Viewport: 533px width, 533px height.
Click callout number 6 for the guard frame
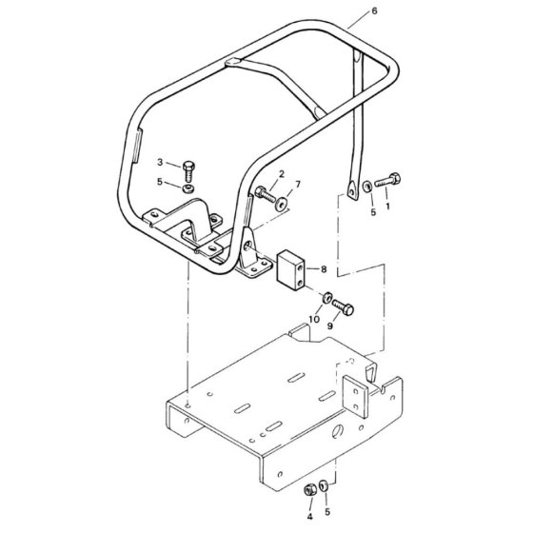tap(374, 10)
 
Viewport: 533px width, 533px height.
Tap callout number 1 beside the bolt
tap(388, 206)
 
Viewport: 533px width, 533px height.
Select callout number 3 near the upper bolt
tap(160, 162)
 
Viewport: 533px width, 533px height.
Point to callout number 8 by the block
tap(324, 269)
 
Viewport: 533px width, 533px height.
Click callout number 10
tap(314, 319)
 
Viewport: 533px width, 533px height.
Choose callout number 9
tap(330, 326)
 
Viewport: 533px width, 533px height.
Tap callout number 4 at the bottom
tap(309, 517)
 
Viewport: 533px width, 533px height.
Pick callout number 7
tap(298, 185)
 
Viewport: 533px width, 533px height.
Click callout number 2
tap(282, 174)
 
